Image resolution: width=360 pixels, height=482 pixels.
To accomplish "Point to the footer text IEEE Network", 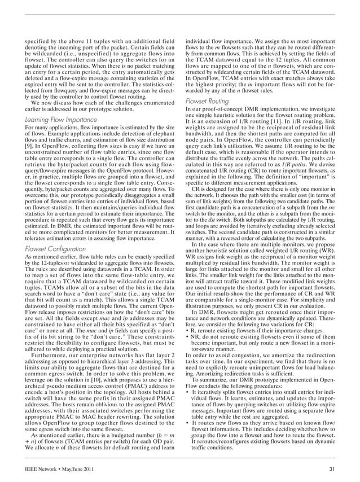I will tap(45, 468).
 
